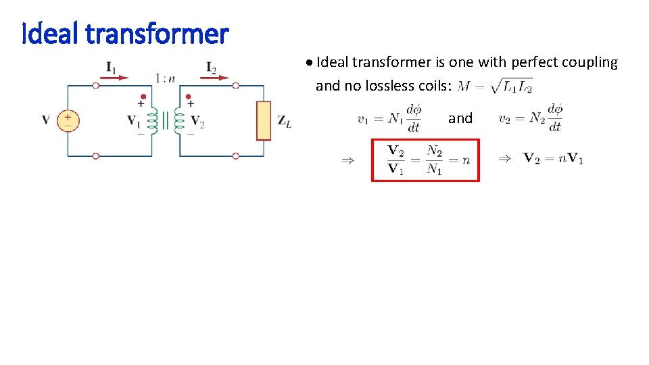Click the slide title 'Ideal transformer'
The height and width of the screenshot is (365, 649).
126,32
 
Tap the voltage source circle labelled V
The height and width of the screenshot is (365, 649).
68,120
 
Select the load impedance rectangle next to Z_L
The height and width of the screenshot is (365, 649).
264,120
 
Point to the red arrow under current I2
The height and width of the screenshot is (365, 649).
218,78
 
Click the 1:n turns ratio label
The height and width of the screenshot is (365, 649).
166,78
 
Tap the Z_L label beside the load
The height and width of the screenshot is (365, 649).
285,121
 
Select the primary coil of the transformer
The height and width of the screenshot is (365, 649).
153,120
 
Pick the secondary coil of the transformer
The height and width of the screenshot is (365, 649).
179,120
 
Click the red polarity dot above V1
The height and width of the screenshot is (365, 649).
143,97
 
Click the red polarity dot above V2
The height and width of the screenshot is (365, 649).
189,97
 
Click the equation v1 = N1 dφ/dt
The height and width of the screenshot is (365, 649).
389,118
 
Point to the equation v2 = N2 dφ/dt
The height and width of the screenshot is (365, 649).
531,118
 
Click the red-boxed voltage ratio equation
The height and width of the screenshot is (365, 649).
425,160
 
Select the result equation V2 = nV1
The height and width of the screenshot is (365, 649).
554,159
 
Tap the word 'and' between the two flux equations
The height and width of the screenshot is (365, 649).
460,118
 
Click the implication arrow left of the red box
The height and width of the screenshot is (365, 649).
347,160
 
